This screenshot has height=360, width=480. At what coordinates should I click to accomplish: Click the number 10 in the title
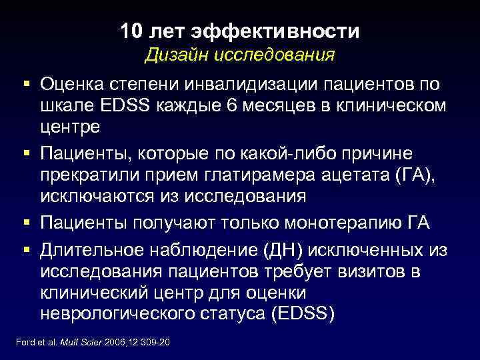click(131, 31)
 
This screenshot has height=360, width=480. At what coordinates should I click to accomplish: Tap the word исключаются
click(97, 197)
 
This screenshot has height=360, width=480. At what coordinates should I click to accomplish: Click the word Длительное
click(92, 251)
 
